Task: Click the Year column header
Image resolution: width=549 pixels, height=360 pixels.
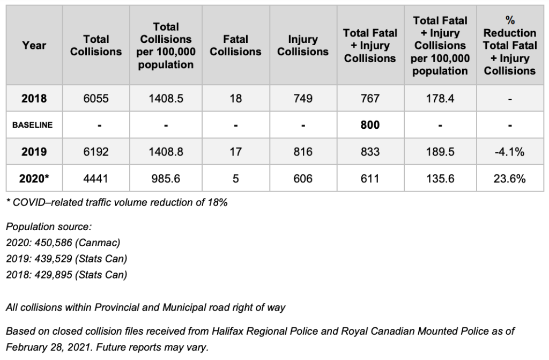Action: click(34, 46)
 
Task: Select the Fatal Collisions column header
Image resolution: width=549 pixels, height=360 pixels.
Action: click(235, 46)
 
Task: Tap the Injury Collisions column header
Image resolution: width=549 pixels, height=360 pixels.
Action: click(303, 46)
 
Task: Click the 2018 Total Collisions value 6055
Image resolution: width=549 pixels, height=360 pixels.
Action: click(96, 99)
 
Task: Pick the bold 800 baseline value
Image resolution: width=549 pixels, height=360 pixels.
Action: click(370, 125)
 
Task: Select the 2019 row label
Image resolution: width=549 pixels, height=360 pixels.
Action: click(34, 152)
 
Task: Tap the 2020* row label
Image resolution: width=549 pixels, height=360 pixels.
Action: click(34, 179)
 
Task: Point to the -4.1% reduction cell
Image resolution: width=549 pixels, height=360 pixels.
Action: click(509, 152)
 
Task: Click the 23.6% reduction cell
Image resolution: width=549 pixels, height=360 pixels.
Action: click(509, 179)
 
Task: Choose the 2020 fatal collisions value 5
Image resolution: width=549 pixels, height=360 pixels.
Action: click(235, 179)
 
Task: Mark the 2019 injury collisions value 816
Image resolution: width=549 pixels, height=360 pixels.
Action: click(303, 152)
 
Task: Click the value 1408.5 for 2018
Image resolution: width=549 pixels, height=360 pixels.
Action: click(166, 99)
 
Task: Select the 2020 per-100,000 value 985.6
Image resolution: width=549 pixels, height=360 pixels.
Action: click(166, 179)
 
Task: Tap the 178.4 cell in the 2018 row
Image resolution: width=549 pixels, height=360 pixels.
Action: click(440, 99)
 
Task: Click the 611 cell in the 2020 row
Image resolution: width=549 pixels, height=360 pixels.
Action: click(370, 179)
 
